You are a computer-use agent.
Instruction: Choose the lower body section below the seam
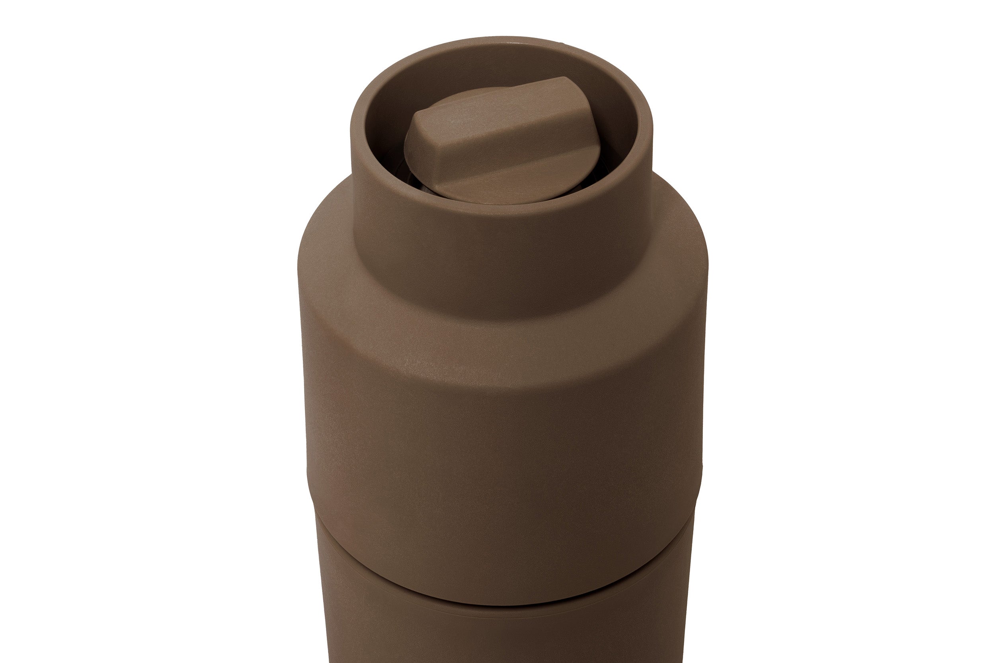503,634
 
